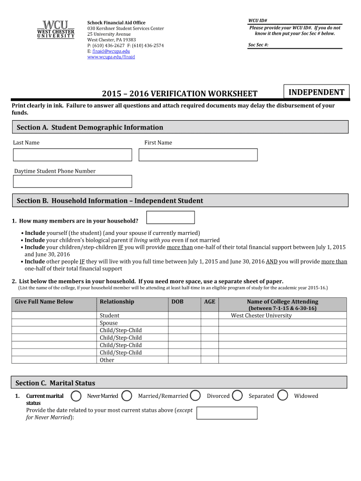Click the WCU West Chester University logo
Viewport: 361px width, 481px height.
[x=56, y=29]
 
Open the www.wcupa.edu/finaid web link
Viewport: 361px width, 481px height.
[x=111, y=57]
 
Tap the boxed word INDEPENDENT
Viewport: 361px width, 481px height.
[x=316, y=93]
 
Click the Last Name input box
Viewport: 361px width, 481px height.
[x=73, y=155]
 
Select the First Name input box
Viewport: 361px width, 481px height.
[x=198, y=155]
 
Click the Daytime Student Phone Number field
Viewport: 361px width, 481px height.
[x=73, y=181]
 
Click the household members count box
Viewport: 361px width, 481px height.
[x=171, y=217]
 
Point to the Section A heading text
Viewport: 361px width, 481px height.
[x=90, y=127]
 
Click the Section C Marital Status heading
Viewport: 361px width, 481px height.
[x=55, y=383]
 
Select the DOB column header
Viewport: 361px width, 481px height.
[x=177, y=302]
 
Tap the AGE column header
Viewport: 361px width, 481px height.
[x=210, y=302]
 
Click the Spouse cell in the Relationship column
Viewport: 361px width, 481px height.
[x=109, y=323]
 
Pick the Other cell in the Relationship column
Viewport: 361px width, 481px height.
[x=107, y=360]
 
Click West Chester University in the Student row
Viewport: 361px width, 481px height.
[x=261, y=316]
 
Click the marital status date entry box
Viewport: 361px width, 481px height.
[x=227, y=413]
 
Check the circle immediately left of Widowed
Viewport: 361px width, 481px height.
[x=283, y=396]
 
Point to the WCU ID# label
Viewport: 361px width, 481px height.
[x=257, y=21]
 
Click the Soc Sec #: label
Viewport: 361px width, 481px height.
[x=258, y=45]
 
